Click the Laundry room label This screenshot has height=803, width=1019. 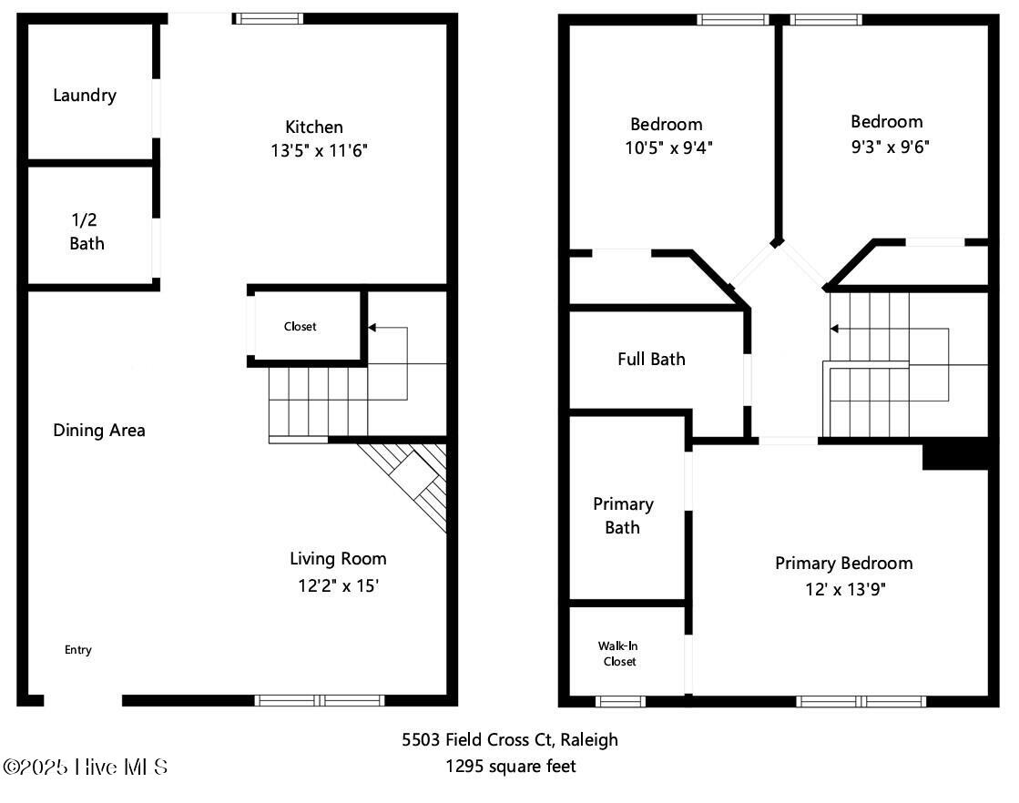(85, 96)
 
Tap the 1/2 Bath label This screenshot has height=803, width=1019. (87, 231)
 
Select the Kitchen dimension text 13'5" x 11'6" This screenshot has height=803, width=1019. (319, 151)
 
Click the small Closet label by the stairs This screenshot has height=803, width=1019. (301, 326)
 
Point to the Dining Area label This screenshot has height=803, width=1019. (98, 430)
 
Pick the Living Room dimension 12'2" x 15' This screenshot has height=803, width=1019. (338, 585)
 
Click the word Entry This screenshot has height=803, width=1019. (78, 650)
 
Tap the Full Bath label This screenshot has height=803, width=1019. (651, 359)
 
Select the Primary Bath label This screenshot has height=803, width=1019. (623, 516)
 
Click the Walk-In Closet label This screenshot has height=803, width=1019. (618, 654)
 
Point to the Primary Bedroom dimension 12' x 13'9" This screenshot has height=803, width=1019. (845, 589)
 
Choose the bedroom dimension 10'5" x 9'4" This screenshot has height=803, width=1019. (668, 148)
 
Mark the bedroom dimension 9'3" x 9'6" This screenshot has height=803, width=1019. (891, 147)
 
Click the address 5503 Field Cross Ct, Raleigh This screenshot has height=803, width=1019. (510, 739)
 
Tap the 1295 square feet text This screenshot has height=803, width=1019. (511, 767)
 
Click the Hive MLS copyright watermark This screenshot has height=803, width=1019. (85, 767)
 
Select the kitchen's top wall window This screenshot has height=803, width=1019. (269, 18)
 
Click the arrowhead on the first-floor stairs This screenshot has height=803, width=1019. (372, 328)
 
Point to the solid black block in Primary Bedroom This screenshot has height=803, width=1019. (955, 454)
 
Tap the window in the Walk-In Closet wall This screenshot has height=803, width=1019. (621, 701)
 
